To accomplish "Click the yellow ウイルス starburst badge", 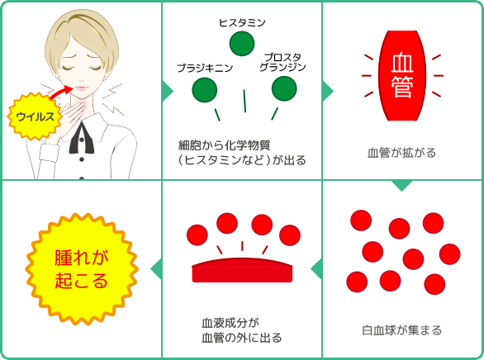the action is pos(35,116).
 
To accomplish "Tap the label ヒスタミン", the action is pos(242,23).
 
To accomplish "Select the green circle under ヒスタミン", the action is pos(242,44).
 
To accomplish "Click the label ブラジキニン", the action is pos(205,68).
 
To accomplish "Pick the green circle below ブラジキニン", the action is pos(204,90).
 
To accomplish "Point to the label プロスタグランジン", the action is pos(282,62).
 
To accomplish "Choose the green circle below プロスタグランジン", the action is pos(284,88).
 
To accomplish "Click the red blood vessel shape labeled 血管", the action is pos(402,76).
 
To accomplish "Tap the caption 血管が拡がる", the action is pos(402,153).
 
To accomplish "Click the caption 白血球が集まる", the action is pos(402,330).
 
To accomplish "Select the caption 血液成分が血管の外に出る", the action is pos(242,330).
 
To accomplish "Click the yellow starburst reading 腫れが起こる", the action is pos(82,269).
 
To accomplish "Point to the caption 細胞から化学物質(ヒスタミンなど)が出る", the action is pos(242,153).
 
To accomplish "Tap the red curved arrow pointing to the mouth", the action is pos(60,92).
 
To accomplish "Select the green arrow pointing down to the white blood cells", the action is pos(402,186).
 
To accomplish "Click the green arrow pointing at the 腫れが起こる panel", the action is pos(156,268).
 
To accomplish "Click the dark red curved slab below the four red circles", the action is pos(242,270).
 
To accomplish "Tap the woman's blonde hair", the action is pos(82,40).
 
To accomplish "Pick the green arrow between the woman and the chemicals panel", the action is pos(168,91).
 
